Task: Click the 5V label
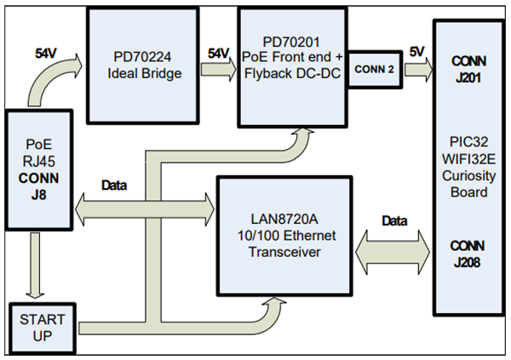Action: [x=417, y=49]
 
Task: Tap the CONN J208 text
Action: [x=469, y=254]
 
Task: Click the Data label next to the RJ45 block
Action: [x=115, y=185]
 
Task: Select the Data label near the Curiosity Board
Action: [x=394, y=219]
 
